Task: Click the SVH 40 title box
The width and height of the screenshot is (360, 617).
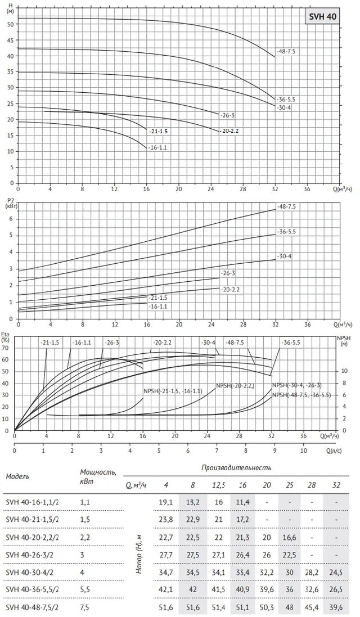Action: pos(322,17)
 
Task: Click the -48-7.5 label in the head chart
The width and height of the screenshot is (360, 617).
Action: pos(286,51)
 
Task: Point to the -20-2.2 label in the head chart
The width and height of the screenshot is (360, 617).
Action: pos(228,130)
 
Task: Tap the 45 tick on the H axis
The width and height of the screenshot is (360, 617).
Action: pos(11,40)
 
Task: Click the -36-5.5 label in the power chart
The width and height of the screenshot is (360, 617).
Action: pos(286,232)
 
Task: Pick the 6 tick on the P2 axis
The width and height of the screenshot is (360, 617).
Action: pos(11,219)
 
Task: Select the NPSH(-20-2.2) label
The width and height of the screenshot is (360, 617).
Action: pos(235,386)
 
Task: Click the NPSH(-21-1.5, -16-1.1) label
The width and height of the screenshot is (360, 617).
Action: pos(173,391)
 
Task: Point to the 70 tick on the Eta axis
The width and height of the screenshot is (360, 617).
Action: pos(6,348)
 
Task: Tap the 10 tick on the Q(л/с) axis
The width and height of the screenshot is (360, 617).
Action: pos(304,451)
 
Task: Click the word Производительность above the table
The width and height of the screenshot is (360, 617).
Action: pos(236,467)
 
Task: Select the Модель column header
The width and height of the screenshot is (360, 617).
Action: pos(17,476)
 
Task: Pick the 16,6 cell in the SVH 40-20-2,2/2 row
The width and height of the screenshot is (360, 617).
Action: pos(290,537)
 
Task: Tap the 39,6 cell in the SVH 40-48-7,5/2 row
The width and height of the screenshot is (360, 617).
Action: pos(336,608)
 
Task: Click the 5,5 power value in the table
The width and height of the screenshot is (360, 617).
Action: pos(84,590)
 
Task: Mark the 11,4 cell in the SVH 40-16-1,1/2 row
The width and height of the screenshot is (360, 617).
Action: pos(242,502)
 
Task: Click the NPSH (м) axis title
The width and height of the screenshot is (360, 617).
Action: pos(344,341)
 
